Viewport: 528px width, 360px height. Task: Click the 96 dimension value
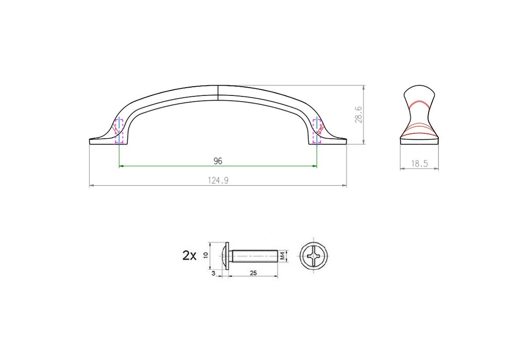pos(218,161)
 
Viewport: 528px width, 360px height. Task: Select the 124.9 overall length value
pos(218,180)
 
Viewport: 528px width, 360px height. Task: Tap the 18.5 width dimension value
pos(419,163)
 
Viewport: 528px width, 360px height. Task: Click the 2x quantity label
pos(189,255)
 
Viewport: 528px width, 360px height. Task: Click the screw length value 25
pos(253,273)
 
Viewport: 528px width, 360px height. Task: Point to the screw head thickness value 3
pos(213,273)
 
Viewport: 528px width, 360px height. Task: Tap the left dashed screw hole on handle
pos(119,132)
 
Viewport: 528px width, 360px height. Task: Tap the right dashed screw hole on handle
pos(317,132)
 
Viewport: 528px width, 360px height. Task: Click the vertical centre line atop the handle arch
pos(218,91)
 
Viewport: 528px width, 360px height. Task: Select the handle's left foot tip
pos(92,140)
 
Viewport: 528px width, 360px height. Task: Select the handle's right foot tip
pos(344,140)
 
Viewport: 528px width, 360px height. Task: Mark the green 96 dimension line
pos(170,166)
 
